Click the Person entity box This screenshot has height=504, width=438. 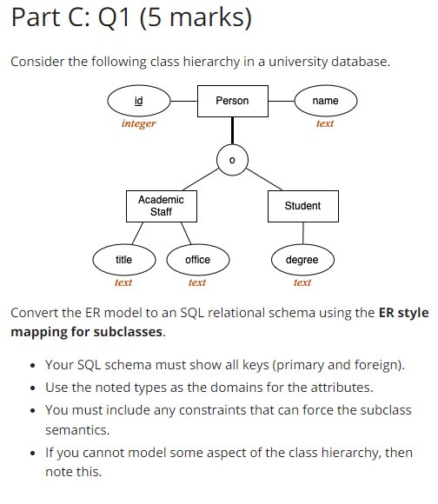tap(232, 101)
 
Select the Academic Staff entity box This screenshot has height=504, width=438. tap(161, 206)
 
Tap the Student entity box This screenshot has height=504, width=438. tap(302, 206)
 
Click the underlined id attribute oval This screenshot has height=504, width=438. tap(139, 101)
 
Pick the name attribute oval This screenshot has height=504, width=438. tap(325, 101)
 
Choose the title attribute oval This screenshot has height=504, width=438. tap(124, 259)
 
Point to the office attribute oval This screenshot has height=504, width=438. tap(197, 259)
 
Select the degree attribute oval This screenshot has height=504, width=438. tap(302, 259)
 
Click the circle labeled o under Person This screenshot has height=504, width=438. tap(231, 160)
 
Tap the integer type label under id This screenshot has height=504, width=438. tap(139, 124)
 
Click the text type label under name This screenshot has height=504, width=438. tap(325, 124)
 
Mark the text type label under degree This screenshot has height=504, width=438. tap(302, 282)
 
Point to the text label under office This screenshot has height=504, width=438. tap(197, 282)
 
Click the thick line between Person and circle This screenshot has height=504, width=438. tap(232, 130)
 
